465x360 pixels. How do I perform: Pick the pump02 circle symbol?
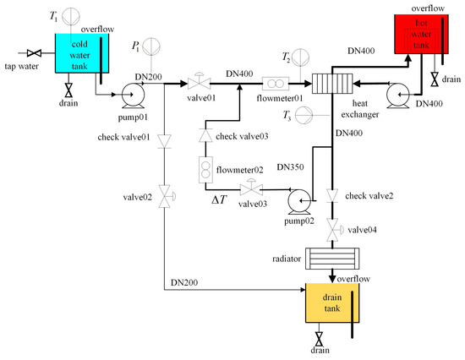point(298,199)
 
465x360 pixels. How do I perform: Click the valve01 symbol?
point(200,83)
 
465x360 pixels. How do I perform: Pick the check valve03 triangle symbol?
point(204,134)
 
